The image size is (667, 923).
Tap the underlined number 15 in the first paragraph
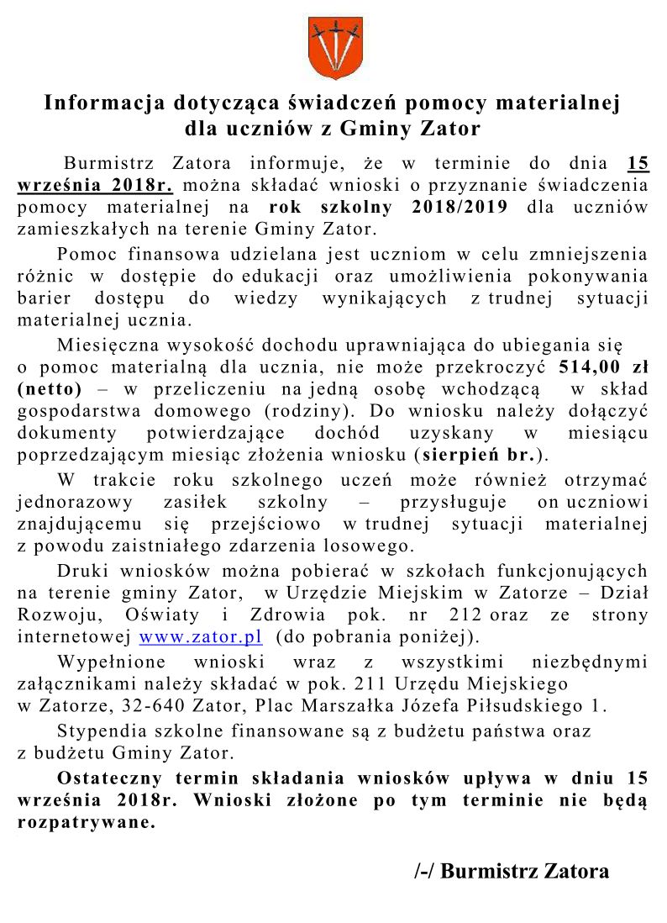[x=638, y=162]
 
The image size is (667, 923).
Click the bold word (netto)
[x=50, y=389]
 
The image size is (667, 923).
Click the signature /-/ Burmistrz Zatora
[x=512, y=871]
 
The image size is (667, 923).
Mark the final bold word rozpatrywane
[x=87, y=823]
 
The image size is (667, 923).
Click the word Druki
[x=80, y=571]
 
